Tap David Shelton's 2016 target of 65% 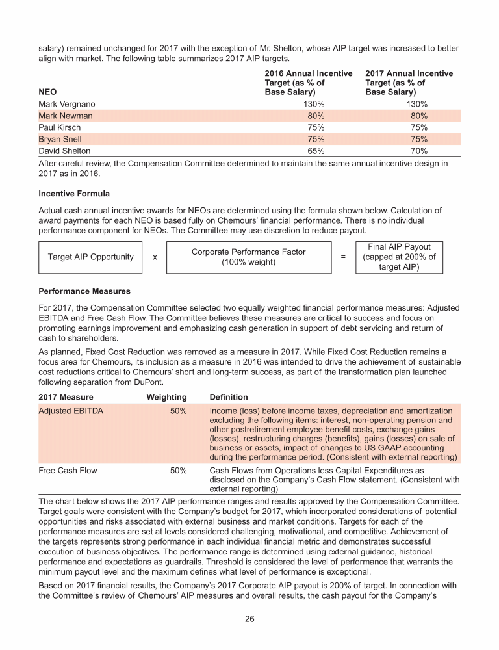pyautogui.click(x=314, y=151)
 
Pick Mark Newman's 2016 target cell pyautogui.click(x=314, y=116)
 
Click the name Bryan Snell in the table pyautogui.click(x=60, y=139)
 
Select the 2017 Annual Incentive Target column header pyautogui.click(x=409, y=83)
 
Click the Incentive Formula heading pyautogui.click(x=74, y=194)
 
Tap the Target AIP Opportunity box pyautogui.click(x=90, y=257)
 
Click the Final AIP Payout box pyautogui.click(x=399, y=257)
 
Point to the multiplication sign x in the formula pyautogui.click(x=154, y=257)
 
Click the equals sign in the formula pyautogui.click(x=342, y=257)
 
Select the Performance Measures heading pyautogui.click(x=84, y=292)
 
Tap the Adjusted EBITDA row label pyautogui.click(x=71, y=411)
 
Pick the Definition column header pyautogui.click(x=229, y=397)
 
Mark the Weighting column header pyautogui.click(x=167, y=397)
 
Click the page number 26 pyautogui.click(x=249, y=619)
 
